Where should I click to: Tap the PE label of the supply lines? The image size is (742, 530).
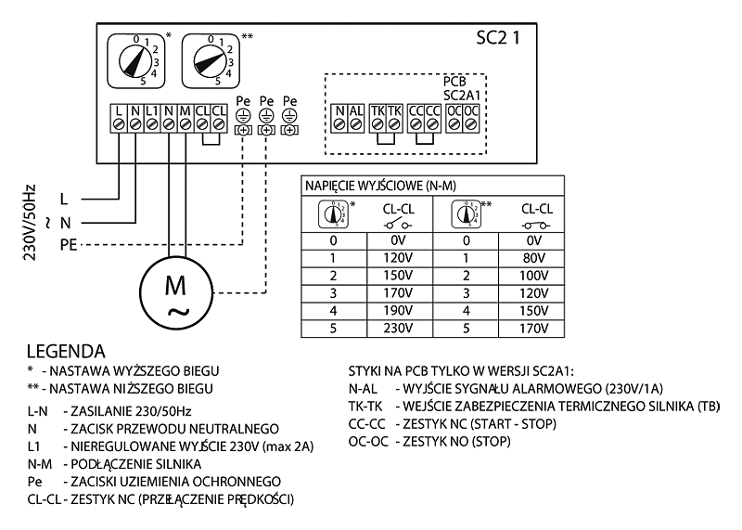pyautogui.click(x=68, y=245)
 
